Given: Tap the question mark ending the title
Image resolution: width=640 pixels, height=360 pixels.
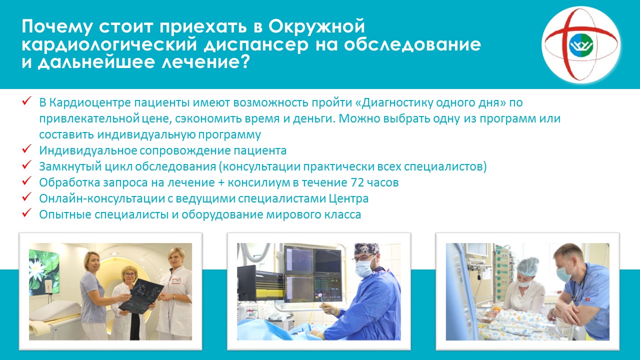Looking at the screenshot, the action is point(244,61).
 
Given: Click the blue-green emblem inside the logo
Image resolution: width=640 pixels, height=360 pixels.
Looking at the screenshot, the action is point(581,45).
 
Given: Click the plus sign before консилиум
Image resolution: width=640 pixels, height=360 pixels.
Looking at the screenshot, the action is point(221,183).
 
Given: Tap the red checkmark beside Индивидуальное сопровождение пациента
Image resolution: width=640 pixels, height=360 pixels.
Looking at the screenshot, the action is point(26,148).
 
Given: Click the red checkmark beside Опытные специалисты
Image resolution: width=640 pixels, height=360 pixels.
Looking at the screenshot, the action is point(26,212).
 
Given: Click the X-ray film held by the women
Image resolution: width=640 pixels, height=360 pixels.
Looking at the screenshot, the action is point(141,296).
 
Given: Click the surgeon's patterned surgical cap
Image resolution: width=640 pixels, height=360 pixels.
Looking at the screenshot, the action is point(366,248).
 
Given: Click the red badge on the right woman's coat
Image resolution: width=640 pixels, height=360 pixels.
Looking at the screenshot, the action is point(175,281).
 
